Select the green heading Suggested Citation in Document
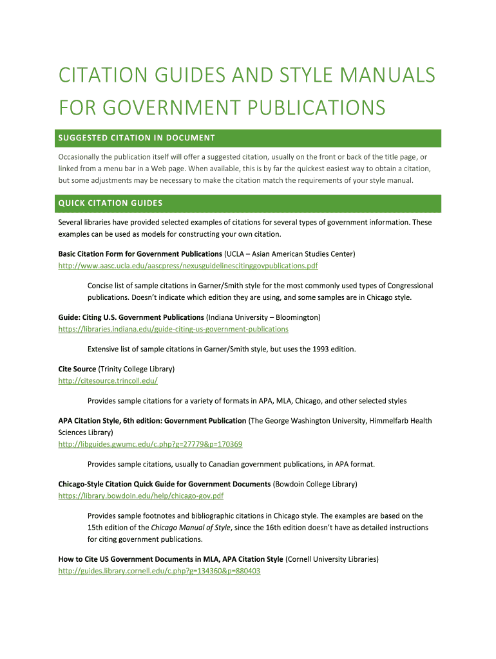137,138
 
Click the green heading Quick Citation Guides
110,203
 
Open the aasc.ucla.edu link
188,265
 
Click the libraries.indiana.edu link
173,329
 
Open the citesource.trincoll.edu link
108,380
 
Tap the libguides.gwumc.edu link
150,444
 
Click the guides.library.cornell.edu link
159,571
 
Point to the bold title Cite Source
77,369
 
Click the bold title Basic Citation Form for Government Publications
140,254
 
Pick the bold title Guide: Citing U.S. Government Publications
131,317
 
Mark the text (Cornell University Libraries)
332,559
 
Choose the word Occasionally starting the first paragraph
82,157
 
